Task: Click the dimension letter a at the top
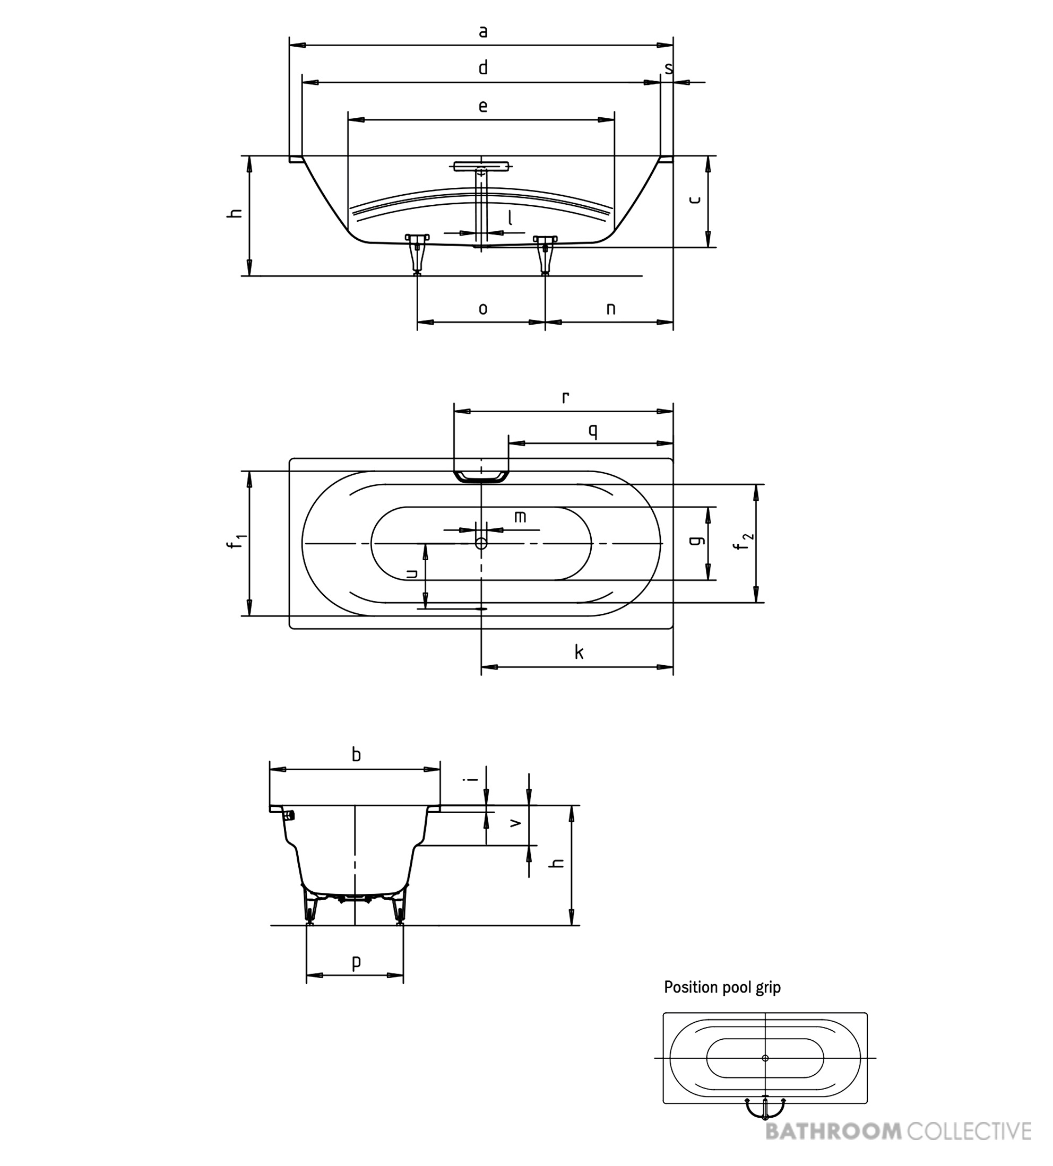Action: click(483, 32)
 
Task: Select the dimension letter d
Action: click(483, 68)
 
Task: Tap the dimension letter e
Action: click(483, 107)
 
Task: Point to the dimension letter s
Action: click(669, 69)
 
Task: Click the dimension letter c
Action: click(695, 199)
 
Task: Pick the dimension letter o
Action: click(483, 309)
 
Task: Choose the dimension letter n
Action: click(611, 309)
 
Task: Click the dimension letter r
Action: click(565, 397)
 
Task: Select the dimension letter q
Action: click(592, 431)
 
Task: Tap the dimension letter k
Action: click(579, 652)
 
